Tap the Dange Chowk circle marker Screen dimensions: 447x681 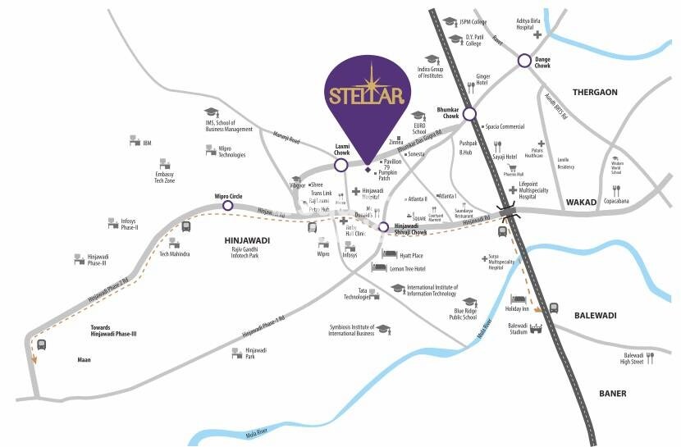pos(524,61)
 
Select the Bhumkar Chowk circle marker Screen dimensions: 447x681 pos(468,114)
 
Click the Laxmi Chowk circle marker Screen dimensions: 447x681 pos(341,165)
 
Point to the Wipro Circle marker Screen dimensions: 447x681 pos(227,205)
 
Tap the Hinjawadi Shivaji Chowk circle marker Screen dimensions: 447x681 pos(382,226)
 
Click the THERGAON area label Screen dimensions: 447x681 pos(595,93)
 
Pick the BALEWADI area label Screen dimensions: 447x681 pos(596,315)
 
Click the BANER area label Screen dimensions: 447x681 pos(612,394)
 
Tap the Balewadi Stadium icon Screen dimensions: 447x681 pos(538,329)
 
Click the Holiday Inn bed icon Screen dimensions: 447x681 pos(518,299)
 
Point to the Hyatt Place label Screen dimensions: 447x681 pos(411,256)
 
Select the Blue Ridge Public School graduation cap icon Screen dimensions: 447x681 pos(469,301)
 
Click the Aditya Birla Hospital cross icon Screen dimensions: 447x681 pos(537,35)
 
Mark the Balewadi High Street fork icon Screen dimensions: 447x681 pos(650,358)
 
